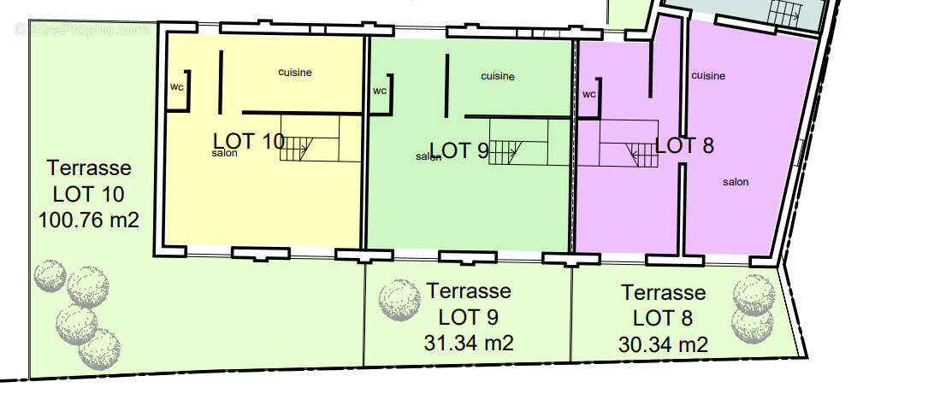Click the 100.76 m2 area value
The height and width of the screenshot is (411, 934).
coord(89,220)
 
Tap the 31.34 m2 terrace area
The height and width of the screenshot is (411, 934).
coord(469,343)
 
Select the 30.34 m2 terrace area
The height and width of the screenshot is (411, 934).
coord(663,344)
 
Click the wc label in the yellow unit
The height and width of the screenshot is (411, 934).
coord(176,87)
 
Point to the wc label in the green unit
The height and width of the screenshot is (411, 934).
coord(380,91)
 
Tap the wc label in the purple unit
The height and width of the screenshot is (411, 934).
coord(589,95)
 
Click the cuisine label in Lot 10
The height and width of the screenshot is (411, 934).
coord(295,73)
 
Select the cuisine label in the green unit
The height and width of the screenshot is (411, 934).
coord(498,76)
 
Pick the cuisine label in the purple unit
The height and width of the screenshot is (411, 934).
coord(708,75)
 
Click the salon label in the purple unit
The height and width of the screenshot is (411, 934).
coord(736,182)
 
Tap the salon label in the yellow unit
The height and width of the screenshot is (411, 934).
coord(225,154)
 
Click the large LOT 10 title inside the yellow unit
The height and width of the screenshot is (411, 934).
coord(249,141)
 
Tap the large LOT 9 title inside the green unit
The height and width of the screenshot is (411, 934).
coord(459,150)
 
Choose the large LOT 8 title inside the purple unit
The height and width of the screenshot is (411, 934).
coord(684,145)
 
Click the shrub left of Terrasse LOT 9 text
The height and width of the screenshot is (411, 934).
coord(399,300)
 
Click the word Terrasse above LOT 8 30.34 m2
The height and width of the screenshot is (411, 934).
coord(664,292)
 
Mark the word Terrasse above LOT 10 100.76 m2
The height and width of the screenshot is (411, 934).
coord(89,167)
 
